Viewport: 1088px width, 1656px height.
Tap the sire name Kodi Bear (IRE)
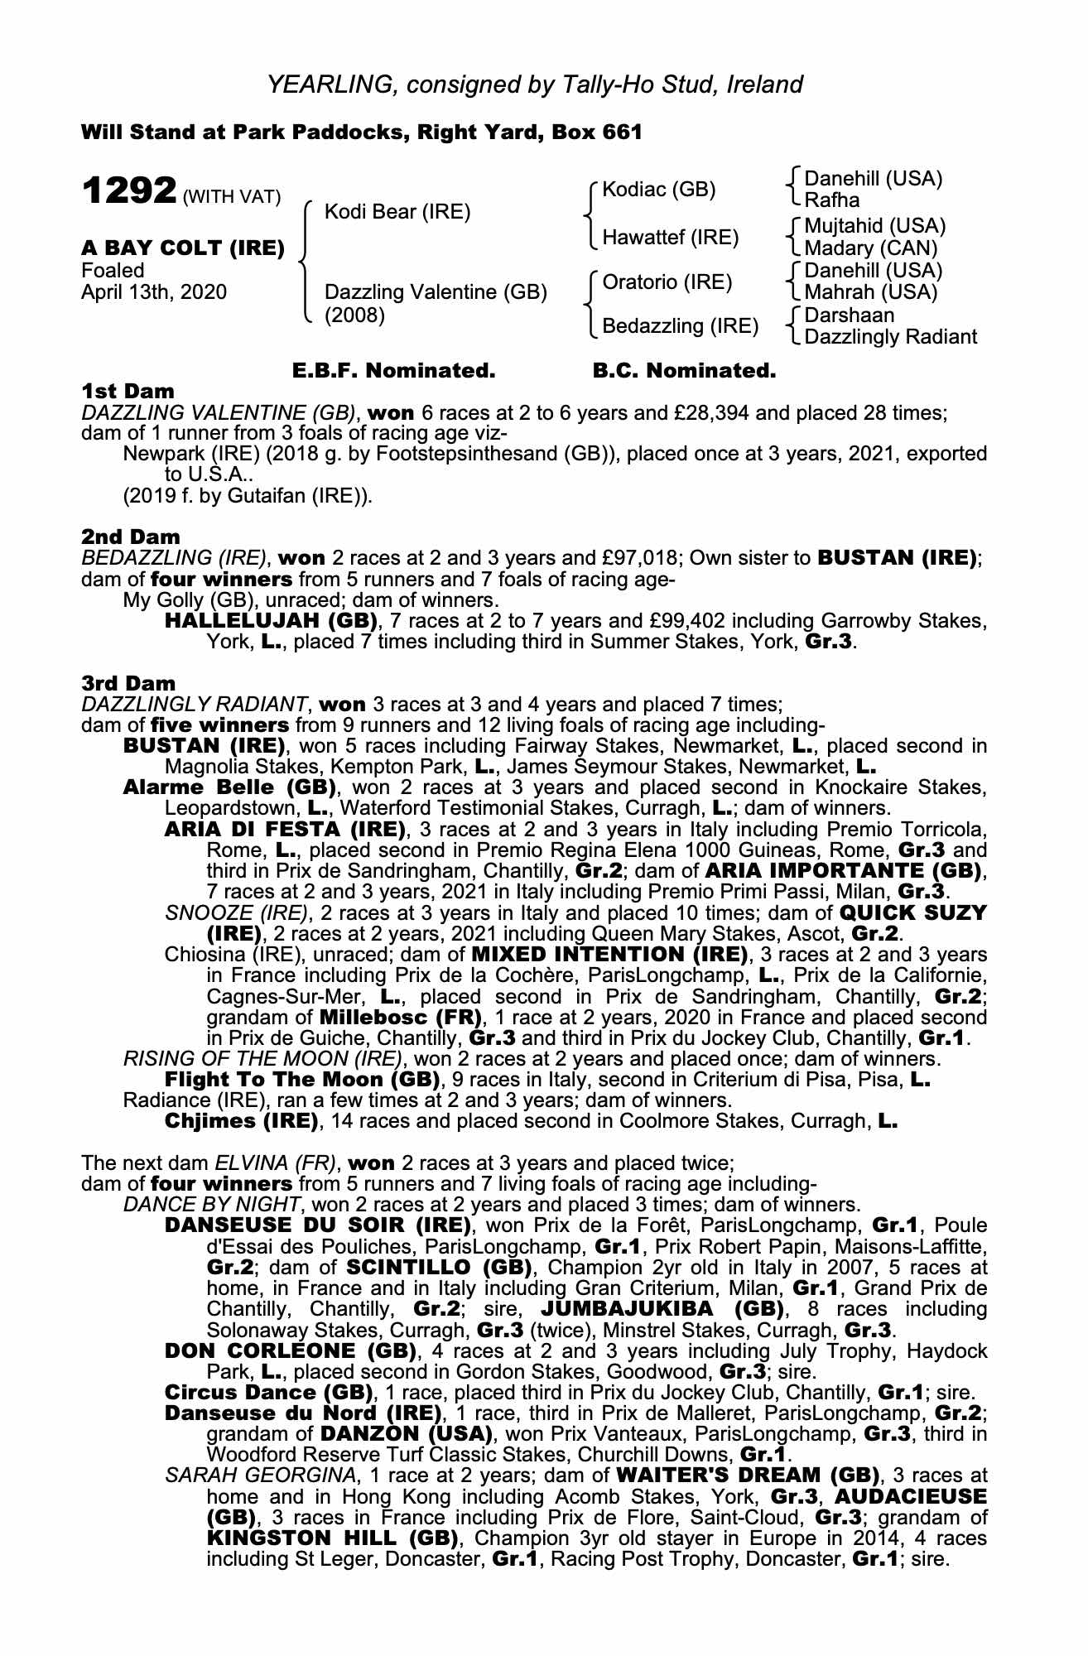(x=397, y=212)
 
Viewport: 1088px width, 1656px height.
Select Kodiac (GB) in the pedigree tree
(x=658, y=190)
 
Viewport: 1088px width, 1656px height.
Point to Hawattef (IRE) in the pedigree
(x=670, y=238)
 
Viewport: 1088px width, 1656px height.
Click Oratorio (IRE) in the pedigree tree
(x=667, y=282)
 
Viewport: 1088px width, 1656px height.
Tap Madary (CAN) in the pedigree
(x=870, y=248)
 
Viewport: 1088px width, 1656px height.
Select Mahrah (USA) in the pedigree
(x=870, y=292)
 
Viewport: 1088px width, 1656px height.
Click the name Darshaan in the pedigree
(x=849, y=315)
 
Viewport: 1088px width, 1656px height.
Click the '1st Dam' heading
(x=128, y=390)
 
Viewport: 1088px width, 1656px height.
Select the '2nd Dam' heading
(x=131, y=537)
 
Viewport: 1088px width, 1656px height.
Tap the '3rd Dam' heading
(x=129, y=683)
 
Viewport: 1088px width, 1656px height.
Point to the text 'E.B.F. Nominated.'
(x=394, y=371)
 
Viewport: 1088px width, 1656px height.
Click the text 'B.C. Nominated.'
(x=685, y=371)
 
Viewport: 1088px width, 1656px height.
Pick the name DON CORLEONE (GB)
(x=290, y=1350)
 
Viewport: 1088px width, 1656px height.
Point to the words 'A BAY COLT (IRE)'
(x=183, y=248)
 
